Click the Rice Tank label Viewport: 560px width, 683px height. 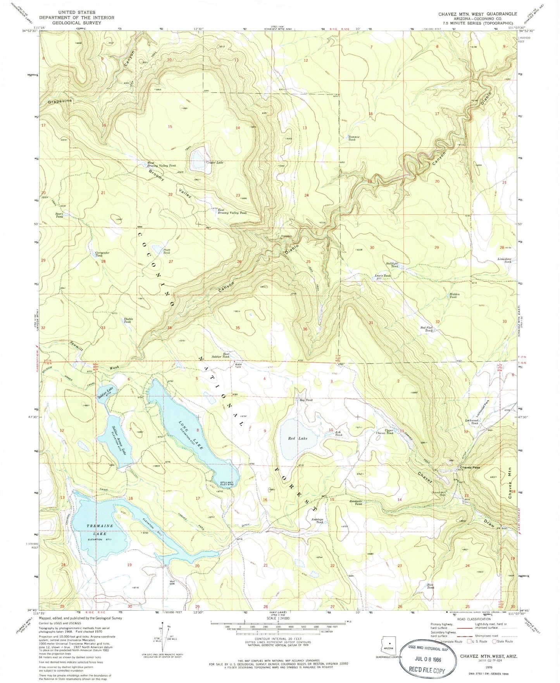430,586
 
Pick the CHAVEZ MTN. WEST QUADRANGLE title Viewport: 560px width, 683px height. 477,14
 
